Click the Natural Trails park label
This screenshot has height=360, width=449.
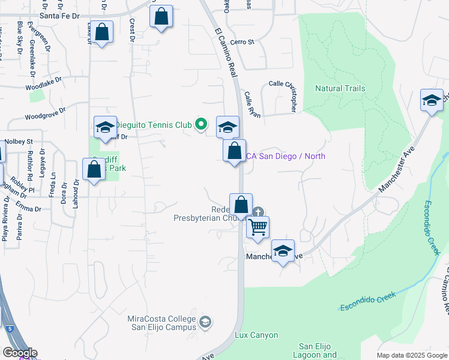[x=340, y=89]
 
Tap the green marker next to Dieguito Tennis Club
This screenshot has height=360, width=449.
[x=201, y=125]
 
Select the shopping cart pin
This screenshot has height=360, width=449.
[x=258, y=227]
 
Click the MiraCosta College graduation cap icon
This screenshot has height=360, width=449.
[x=205, y=323]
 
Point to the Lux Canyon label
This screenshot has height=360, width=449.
[x=248, y=335]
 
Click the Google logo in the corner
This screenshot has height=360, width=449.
[x=19, y=353]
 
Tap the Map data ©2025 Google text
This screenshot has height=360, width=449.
[x=412, y=355]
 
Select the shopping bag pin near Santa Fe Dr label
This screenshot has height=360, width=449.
[x=102, y=33]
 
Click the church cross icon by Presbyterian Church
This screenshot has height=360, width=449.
[x=258, y=212]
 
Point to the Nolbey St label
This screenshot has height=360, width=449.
[x=19, y=142]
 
